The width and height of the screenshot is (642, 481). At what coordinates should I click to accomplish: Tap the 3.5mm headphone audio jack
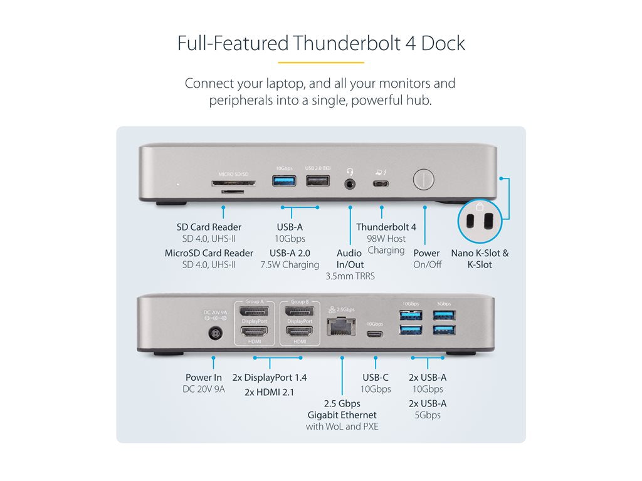350,184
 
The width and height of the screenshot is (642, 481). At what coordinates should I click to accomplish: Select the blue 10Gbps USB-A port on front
283,182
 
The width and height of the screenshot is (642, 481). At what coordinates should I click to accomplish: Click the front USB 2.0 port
317,182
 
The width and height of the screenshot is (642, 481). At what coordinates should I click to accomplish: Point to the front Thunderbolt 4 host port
381,184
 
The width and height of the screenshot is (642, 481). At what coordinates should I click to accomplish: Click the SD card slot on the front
233,184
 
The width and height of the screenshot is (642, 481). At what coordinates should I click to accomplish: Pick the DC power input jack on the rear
216,334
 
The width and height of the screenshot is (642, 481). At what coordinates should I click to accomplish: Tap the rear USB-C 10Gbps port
375,334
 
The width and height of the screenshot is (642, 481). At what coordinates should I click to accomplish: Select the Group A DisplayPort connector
255,312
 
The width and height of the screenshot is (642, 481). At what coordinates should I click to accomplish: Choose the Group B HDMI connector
300,332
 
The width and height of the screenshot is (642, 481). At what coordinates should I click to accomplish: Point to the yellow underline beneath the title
320,63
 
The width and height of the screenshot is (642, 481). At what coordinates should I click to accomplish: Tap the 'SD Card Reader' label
209,227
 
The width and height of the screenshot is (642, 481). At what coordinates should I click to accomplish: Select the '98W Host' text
386,239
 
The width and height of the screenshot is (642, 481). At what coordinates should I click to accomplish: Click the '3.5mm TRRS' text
350,276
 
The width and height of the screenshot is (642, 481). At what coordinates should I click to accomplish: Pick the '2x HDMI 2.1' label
269,393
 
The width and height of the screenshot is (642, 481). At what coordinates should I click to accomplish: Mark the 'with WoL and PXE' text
342,427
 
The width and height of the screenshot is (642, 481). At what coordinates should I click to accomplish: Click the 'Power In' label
204,378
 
